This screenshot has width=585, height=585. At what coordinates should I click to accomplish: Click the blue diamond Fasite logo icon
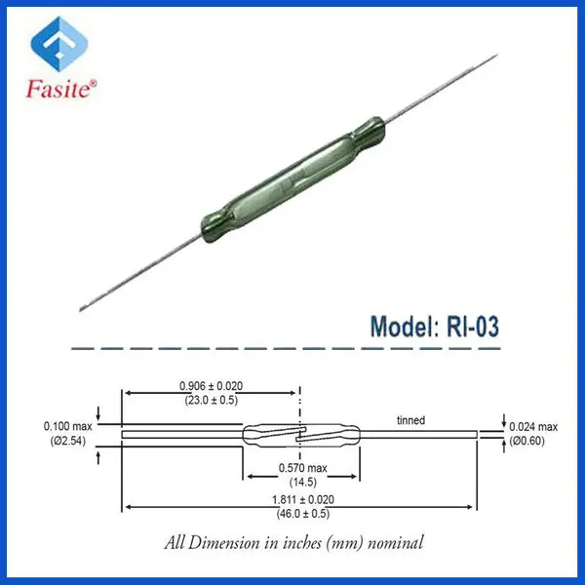(x=58, y=44)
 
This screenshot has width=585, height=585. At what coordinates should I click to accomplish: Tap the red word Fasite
(x=58, y=89)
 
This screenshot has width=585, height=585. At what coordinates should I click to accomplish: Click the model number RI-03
(x=472, y=327)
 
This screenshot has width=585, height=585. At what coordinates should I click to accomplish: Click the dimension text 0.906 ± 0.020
(x=212, y=386)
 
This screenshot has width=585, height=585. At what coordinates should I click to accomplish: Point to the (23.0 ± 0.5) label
(x=212, y=401)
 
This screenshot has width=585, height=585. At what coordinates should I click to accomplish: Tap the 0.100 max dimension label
(x=67, y=426)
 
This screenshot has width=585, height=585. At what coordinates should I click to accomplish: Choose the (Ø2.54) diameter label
(x=68, y=441)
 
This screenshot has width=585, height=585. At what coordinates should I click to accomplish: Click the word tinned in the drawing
(x=410, y=420)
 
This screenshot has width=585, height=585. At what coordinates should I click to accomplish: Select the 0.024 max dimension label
(x=533, y=427)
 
